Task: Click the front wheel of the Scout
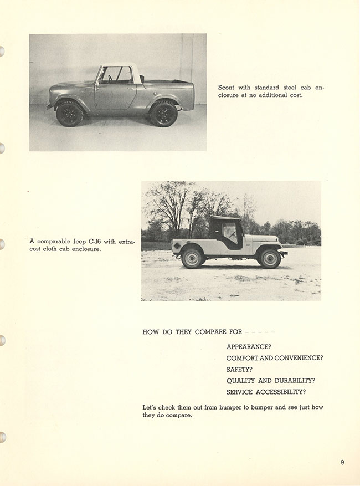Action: tap(70, 113)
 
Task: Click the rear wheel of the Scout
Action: tap(163, 113)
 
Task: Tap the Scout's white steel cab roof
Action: tap(118, 65)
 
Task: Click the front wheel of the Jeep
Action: tap(270, 258)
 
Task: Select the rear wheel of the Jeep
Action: tap(192, 258)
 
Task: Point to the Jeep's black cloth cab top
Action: tap(226, 221)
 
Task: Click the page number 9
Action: tap(342, 462)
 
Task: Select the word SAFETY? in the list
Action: tap(239, 370)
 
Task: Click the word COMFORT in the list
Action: tap(242, 359)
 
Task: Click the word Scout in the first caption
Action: tap(226, 88)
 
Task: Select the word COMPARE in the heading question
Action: tap(210, 332)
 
